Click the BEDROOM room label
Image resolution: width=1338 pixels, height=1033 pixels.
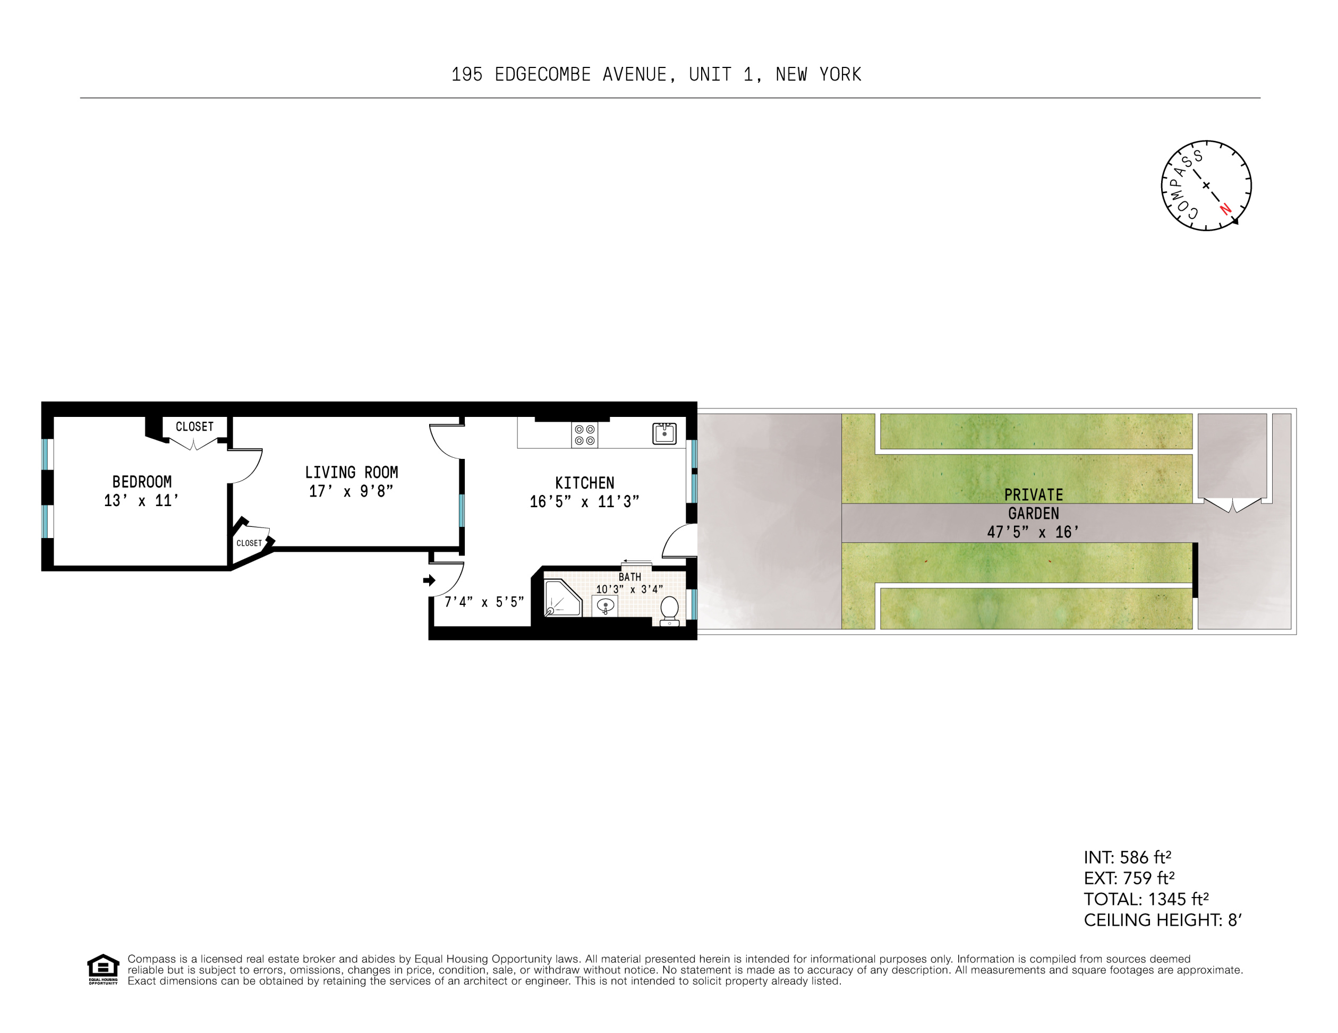coord(141,482)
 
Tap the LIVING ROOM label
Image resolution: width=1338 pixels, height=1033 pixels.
coord(351,472)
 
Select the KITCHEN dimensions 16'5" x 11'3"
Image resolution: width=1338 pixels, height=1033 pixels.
coord(584,502)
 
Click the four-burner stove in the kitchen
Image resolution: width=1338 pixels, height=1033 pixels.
coord(584,435)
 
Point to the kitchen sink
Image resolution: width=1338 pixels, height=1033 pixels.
coord(664,433)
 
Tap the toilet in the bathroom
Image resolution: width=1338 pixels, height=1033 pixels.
coord(669,610)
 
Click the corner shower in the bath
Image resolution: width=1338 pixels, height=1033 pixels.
coord(560,599)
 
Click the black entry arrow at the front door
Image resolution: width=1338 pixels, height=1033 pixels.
coord(429,579)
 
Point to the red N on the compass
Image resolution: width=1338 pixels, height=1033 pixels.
coord(1225,208)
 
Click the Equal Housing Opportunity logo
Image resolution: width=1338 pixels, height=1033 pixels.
coord(103,969)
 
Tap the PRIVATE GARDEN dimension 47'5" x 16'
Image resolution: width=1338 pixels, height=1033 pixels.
coord(1033,532)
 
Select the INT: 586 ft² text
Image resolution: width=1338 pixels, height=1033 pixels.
coord(1127,857)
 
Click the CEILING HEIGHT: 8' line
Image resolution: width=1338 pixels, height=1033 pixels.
coord(1162,920)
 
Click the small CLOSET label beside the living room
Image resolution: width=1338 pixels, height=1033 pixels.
coord(249,543)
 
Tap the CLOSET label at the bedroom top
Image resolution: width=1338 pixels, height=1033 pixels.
coord(194,426)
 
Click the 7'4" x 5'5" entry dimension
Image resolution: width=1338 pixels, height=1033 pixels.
coord(483,602)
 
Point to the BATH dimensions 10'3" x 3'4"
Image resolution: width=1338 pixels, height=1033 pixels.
coord(629,590)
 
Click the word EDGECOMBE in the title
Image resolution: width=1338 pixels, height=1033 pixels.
coord(542,75)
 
